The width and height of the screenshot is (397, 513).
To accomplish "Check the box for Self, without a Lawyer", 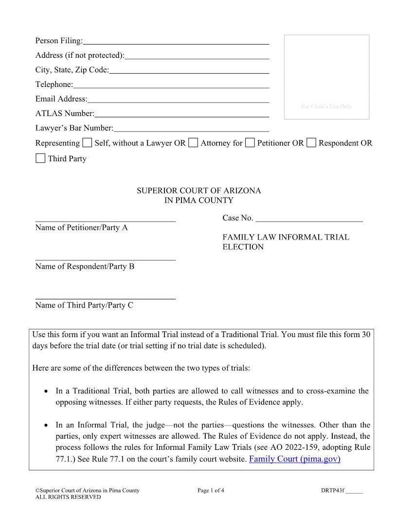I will tap(87, 143).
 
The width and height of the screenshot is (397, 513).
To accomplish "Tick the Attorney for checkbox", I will tap(193, 143).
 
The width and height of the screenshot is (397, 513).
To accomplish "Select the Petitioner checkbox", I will tap(250, 143).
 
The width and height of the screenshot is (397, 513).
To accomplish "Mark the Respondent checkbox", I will tap(311, 143).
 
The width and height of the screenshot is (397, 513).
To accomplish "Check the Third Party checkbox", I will tap(40, 158).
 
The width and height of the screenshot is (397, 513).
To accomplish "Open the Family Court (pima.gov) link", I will tap(294, 459).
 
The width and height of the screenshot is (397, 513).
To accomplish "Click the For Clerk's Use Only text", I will tap(326, 107).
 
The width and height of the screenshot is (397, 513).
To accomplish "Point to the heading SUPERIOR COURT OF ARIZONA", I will tap(198, 191).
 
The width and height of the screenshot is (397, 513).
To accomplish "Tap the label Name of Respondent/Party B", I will tap(85, 266).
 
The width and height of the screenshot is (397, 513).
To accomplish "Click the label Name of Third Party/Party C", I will tap(84, 305).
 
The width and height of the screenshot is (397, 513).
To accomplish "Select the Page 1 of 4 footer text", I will tap(211, 490).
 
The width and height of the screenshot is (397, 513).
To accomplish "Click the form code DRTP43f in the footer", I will tap(329, 490).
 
